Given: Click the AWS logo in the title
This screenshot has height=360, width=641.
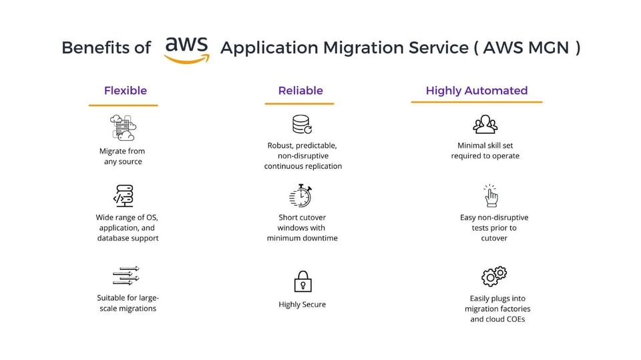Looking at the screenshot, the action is click(x=187, y=50).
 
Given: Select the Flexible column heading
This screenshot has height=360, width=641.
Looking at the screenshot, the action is click(x=126, y=90).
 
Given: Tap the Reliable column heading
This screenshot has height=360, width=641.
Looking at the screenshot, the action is click(x=300, y=90).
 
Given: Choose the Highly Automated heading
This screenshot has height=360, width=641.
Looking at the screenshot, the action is click(x=477, y=91).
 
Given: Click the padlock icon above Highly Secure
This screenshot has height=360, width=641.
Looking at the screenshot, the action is click(x=303, y=281).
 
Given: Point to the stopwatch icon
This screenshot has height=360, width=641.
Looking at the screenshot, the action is click(x=300, y=196).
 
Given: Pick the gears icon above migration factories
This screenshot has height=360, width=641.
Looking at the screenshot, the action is click(x=494, y=276).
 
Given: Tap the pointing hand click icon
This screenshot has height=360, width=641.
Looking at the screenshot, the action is click(x=491, y=196).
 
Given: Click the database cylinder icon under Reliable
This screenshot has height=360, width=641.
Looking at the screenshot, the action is click(x=302, y=124).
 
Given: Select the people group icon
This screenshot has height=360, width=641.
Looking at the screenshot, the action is click(x=485, y=124).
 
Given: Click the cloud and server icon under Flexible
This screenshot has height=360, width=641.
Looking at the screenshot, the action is click(x=123, y=128).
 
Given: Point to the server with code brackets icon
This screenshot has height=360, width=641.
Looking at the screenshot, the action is click(x=124, y=196).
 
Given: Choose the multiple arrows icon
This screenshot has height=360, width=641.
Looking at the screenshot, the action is click(x=126, y=276).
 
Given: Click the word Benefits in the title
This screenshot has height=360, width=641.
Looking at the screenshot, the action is click(x=90, y=47).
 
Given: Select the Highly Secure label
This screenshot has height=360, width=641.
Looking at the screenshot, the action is click(x=302, y=305).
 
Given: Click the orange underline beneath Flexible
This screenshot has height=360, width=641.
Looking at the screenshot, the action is click(x=123, y=105).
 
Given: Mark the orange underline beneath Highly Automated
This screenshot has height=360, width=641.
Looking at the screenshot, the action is click(x=477, y=102).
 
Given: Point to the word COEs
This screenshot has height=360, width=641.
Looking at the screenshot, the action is click(x=514, y=319).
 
